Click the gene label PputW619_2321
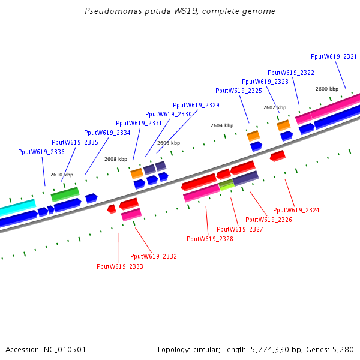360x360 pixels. (x=334, y=56)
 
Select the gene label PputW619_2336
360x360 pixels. (x=41, y=152)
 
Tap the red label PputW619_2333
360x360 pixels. (x=120, y=266)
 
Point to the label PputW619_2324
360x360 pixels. (x=296, y=210)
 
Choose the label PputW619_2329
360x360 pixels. (x=196, y=105)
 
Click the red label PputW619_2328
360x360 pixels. (x=210, y=239)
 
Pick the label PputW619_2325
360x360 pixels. (x=239, y=91)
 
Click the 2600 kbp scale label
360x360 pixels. (x=327, y=89)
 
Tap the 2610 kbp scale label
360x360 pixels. (x=62, y=175)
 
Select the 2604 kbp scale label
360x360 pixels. (x=222, y=125)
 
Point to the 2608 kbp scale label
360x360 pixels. (x=116, y=159)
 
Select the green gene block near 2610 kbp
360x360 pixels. (x=65, y=194)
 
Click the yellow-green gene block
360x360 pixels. (x=226, y=185)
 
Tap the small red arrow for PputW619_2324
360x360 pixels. (x=277, y=156)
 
